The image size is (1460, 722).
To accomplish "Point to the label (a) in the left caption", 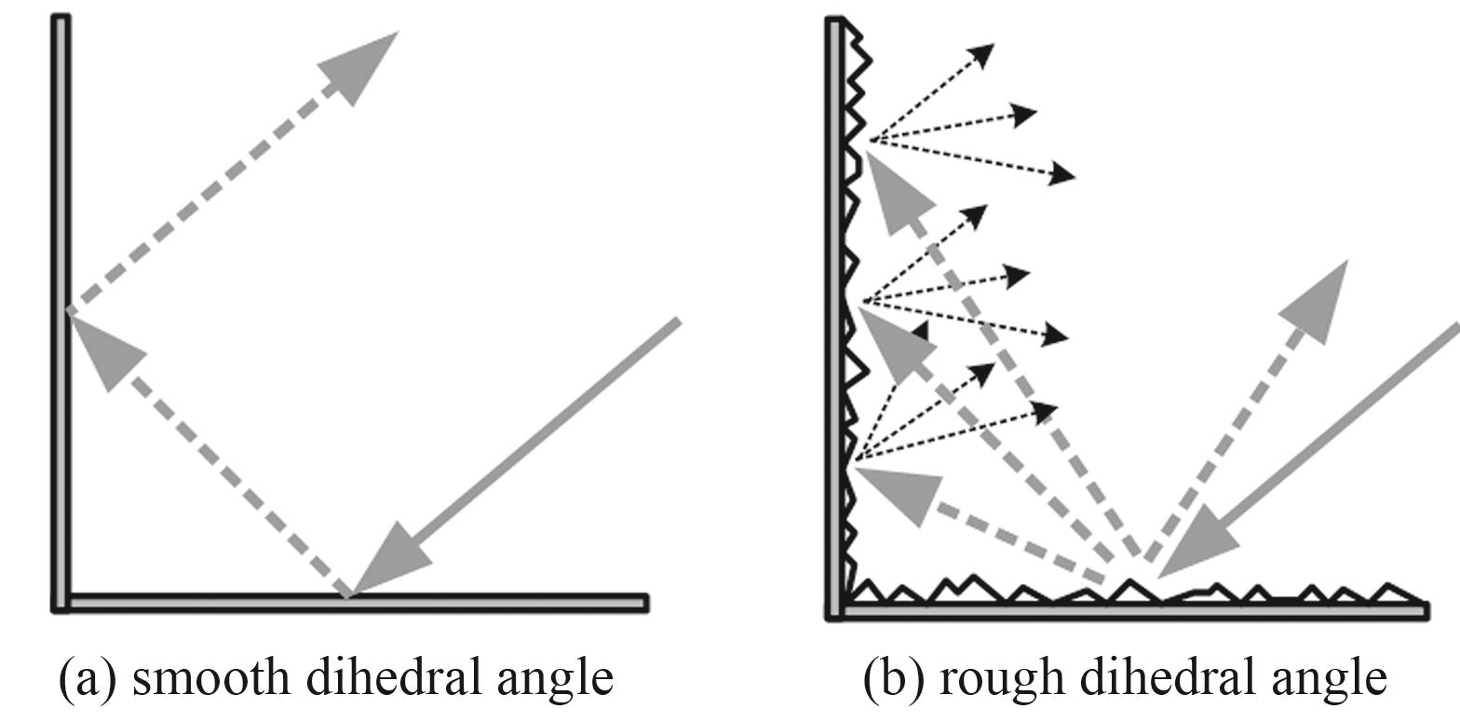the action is point(88,679).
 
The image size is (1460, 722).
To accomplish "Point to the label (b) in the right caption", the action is point(892,679).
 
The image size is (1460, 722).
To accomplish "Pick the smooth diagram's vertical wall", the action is point(61,313).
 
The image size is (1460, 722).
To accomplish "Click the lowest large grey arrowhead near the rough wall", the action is point(896,496).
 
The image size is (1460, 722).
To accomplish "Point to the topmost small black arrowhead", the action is point(982,55).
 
